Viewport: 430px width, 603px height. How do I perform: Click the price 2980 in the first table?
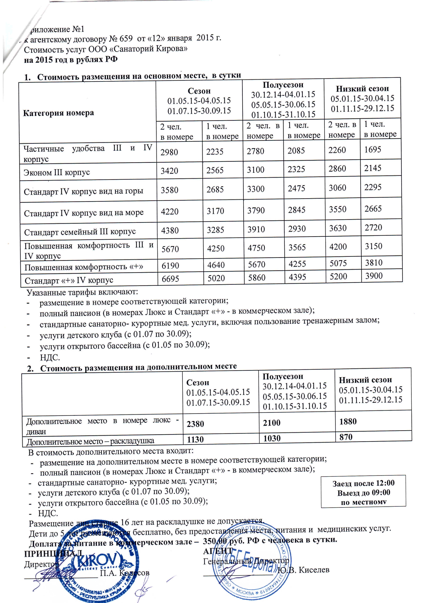(169, 152)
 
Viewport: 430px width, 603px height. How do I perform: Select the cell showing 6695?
(170, 279)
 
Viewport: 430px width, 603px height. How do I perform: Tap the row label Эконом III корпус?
(57, 172)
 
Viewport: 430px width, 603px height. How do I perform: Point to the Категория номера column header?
(58, 113)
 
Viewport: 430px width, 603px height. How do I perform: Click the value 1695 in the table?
(373, 150)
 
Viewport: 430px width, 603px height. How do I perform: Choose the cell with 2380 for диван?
(195, 424)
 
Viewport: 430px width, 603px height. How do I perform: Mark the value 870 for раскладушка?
(346, 437)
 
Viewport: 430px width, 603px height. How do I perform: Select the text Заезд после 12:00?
(364, 483)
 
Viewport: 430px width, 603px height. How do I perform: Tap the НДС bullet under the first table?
(50, 358)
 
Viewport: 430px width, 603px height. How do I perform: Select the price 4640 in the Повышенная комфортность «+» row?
(216, 265)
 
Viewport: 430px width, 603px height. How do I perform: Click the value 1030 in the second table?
(272, 438)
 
